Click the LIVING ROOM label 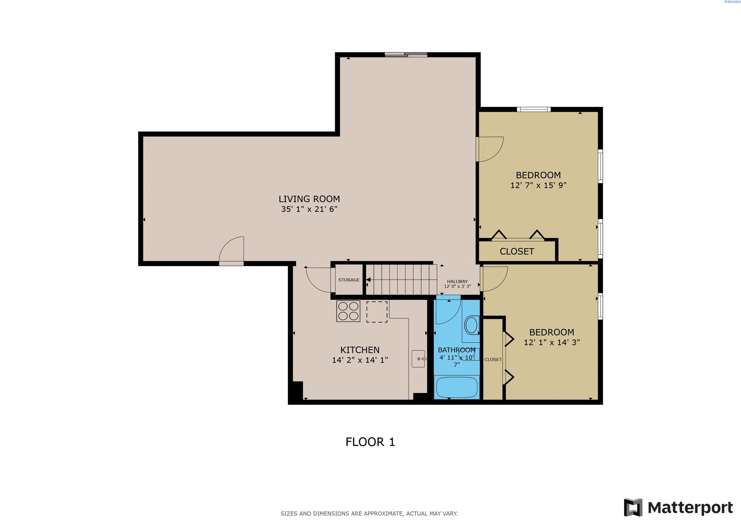pos(309,199)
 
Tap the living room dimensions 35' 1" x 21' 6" pos(309,209)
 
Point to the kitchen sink pos(418,359)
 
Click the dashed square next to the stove pos(377,312)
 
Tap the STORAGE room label pos(349,280)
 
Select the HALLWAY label pos(457,282)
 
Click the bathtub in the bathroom pos(457,387)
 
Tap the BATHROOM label pos(456,350)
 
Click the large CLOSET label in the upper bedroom pos(517,252)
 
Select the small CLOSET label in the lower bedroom pos(493,359)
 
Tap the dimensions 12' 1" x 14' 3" pos(552,342)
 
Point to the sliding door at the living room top pos(406,55)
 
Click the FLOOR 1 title pos(370,442)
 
